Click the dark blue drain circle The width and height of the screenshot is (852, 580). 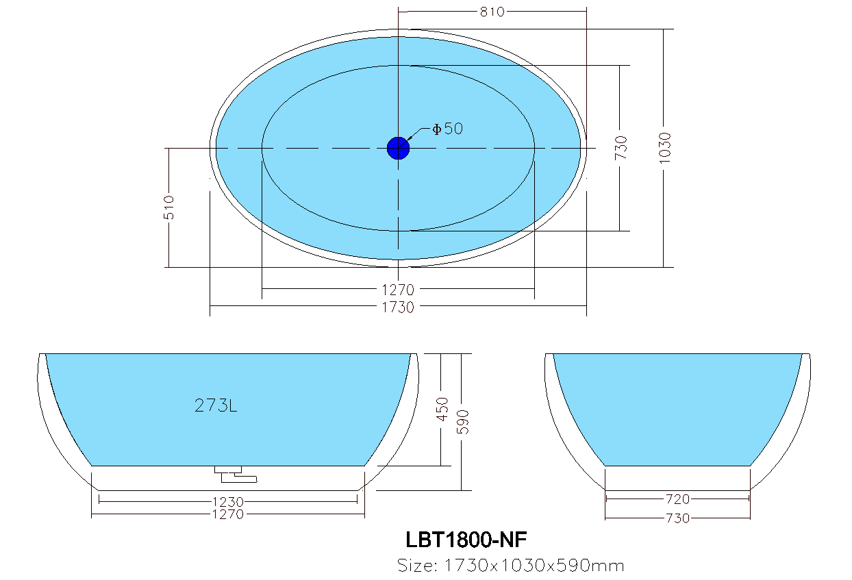(398, 148)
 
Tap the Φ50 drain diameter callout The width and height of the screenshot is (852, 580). (447, 129)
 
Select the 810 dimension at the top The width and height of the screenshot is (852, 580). (492, 12)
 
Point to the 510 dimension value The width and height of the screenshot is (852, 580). (169, 207)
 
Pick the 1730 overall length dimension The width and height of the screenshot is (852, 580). (398, 307)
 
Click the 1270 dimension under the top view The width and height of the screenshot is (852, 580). (398, 290)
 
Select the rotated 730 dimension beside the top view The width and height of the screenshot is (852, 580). (621, 148)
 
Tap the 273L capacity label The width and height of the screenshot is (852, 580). (216, 406)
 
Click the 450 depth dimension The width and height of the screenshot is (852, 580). (442, 409)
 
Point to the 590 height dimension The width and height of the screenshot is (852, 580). (462, 422)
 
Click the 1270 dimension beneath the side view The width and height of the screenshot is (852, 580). (228, 514)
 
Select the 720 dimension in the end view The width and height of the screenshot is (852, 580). (677, 499)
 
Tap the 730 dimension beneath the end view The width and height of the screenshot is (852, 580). (677, 518)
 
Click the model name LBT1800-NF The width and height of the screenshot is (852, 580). (466, 540)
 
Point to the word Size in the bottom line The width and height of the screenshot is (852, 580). (417, 566)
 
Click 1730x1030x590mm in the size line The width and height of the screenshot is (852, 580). (534, 566)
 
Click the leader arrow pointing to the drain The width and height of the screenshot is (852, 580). (416, 137)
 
